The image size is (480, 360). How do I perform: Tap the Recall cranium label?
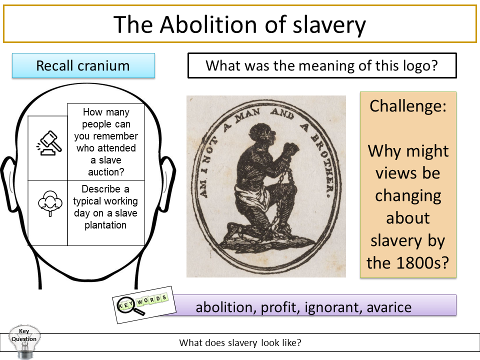[x=83, y=65]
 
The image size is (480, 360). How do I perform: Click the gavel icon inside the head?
[x=48, y=142]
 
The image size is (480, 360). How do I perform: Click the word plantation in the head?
[x=105, y=224]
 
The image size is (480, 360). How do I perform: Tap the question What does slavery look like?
[x=240, y=343]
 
